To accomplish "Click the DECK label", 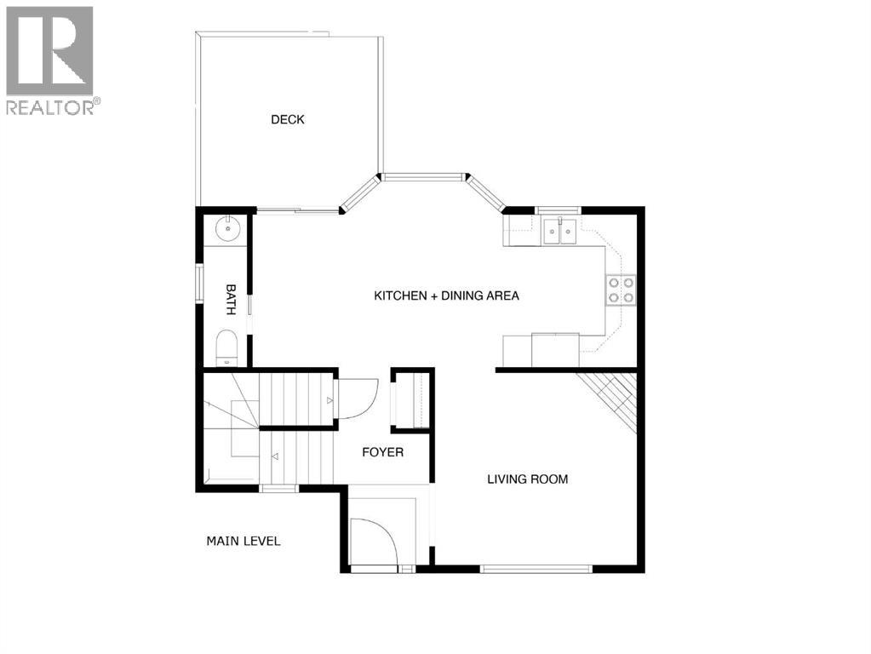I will coord(287,120).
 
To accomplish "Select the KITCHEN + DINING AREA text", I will coord(446,296).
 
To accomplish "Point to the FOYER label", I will coord(382,452).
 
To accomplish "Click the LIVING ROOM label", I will coord(527,479).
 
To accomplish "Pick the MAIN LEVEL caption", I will coord(244,541).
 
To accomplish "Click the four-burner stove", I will coord(620,290).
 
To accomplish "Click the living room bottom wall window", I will coord(536,568).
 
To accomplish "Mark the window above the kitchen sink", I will coord(558,209).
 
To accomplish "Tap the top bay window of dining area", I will coord(423,177).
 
